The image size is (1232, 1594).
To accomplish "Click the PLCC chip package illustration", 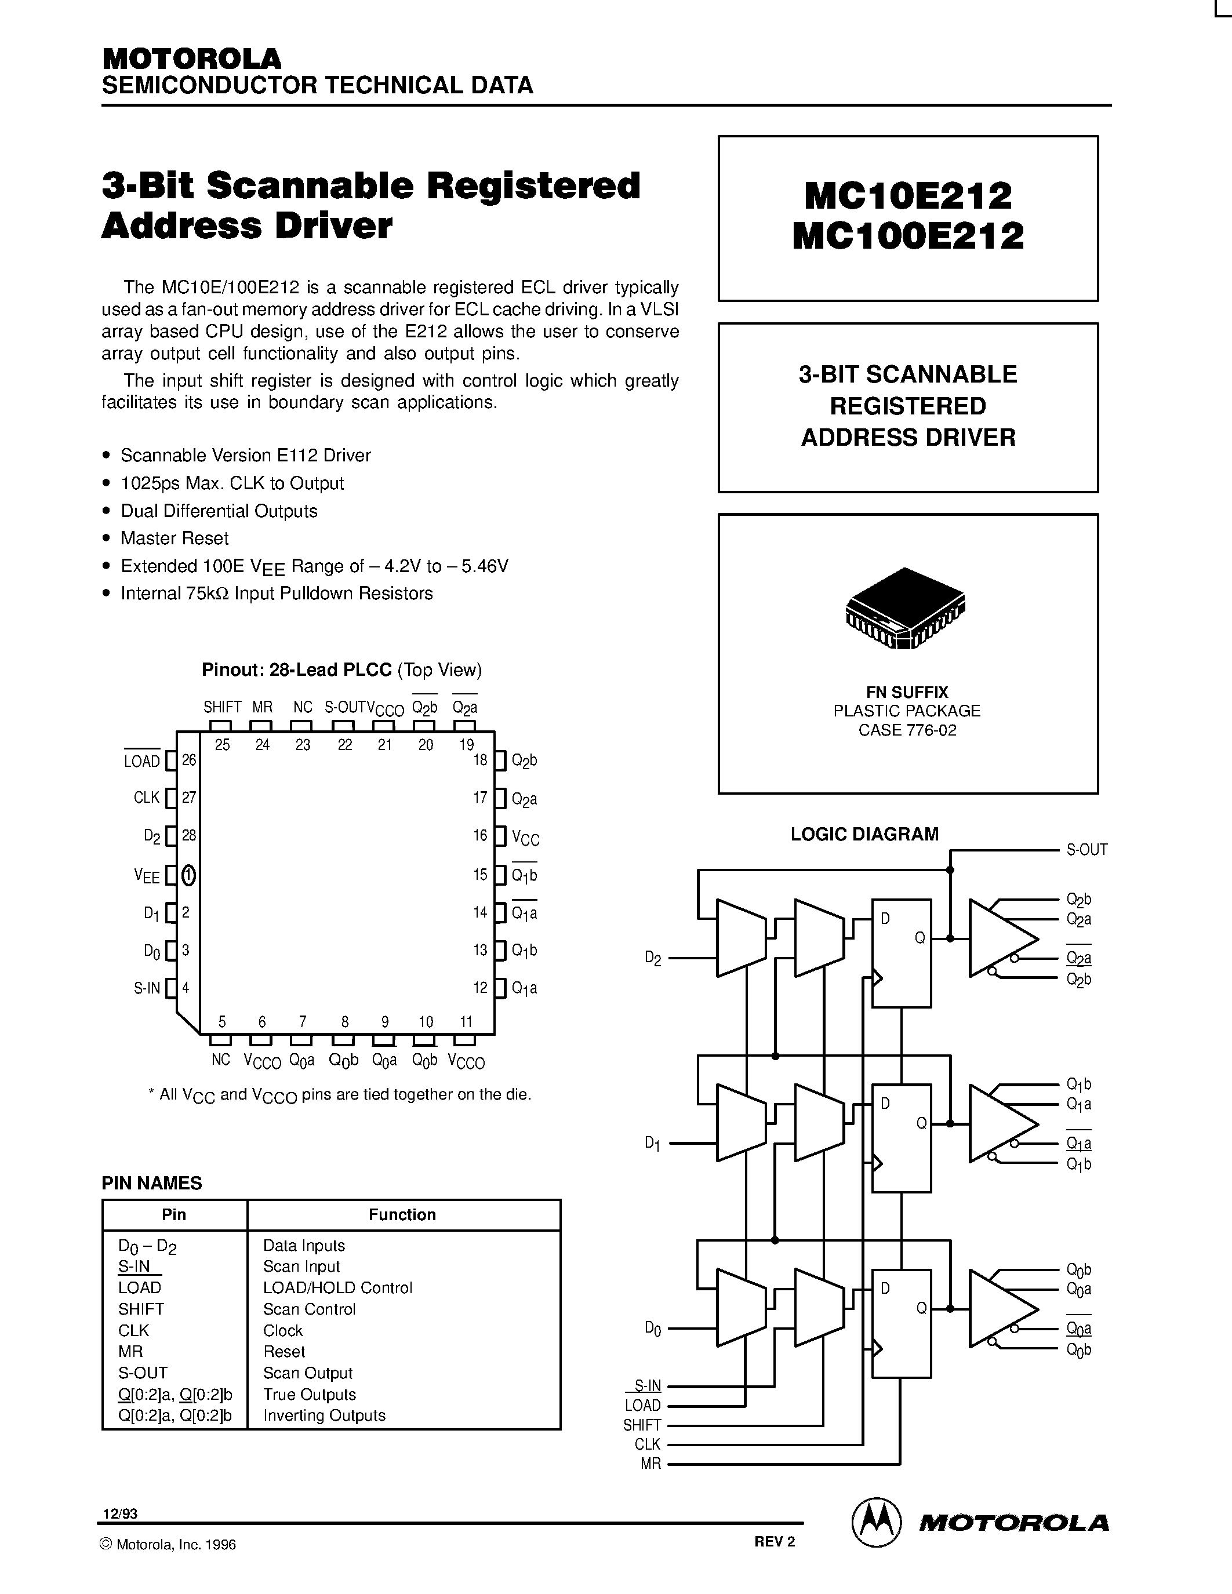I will [x=905, y=608].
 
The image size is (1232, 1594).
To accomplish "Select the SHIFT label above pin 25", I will [x=222, y=707].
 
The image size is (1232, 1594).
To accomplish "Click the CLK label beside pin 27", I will [x=146, y=798].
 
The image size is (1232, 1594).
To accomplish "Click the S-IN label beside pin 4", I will [x=147, y=988].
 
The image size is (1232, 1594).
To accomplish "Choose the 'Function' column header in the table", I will [x=402, y=1214].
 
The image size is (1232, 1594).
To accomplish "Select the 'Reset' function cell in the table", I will [x=284, y=1352].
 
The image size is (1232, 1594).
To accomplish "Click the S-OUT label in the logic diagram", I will [x=1086, y=850].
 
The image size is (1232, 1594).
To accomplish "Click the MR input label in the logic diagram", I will [x=650, y=1464].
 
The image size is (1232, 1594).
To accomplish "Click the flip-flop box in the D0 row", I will [x=902, y=1323].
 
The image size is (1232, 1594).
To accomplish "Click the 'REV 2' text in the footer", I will [x=775, y=1541].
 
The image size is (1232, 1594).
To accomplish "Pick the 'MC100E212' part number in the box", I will [x=908, y=236].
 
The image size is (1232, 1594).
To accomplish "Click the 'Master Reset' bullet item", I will [x=175, y=538].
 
